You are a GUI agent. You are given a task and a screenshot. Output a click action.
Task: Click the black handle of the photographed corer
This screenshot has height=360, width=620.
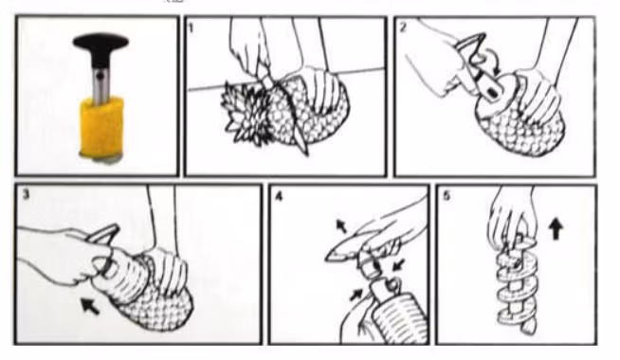pos(100,48)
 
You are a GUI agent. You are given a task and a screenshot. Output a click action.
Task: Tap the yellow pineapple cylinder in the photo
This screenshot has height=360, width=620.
pos(102,127)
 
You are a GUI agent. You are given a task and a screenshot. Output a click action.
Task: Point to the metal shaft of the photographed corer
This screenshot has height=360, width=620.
pos(101,83)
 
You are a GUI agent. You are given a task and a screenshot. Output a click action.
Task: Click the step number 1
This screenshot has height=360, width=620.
pos(191,27)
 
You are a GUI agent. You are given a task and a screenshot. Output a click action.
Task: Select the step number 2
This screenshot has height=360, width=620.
pos(403,27)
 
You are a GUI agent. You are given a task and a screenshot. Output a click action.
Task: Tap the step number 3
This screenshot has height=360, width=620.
pos(27,194)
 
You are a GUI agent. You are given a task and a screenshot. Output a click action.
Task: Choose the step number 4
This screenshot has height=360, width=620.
pos(279,196)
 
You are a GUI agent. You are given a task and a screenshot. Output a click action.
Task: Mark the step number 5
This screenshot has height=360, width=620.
pos(447,196)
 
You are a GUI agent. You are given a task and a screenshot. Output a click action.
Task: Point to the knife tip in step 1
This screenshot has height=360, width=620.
pos(305,152)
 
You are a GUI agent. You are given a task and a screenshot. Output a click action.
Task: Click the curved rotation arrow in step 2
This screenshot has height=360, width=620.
pos(491,63)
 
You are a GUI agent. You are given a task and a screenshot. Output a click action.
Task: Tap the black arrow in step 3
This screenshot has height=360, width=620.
pos(90,306)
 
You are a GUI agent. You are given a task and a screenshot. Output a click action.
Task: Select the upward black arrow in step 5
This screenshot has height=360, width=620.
pos(556,229)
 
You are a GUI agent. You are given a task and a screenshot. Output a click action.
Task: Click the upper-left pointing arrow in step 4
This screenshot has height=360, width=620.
pos(341,225)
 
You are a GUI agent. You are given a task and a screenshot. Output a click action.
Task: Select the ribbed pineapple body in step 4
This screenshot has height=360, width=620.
pos(398,319)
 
